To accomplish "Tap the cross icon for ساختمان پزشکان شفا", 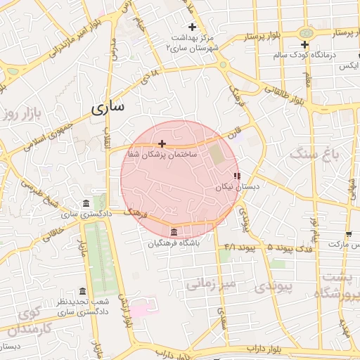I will [162, 143].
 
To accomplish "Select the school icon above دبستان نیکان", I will [237, 176].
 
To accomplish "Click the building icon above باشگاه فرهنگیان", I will [174, 232].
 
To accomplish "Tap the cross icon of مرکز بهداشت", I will [193, 27].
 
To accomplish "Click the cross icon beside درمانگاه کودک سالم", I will [304, 44].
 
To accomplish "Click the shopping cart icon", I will [348, 233].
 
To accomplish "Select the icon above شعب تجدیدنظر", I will [83, 292].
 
